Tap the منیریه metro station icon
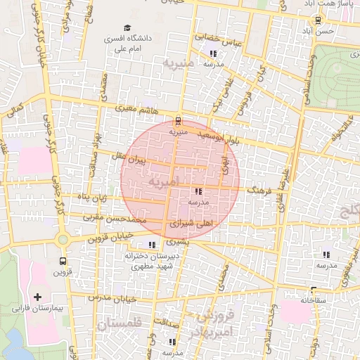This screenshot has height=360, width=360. click(x=178, y=120)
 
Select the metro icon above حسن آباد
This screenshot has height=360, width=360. click(x=319, y=21)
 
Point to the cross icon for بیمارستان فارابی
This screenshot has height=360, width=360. click(x=38, y=297)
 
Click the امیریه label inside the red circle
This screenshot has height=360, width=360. click(x=163, y=182)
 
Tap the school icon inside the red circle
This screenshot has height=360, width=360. click(x=198, y=191)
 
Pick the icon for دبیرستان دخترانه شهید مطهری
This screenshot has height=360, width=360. click(x=153, y=245)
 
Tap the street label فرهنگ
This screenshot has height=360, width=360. click(x=258, y=189)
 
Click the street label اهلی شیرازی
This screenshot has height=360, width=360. click(x=191, y=224)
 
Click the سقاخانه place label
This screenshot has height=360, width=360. click(x=314, y=300)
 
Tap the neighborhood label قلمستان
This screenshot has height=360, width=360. click(x=120, y=324)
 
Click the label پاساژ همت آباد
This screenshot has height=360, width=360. click(x=327, y=4)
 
